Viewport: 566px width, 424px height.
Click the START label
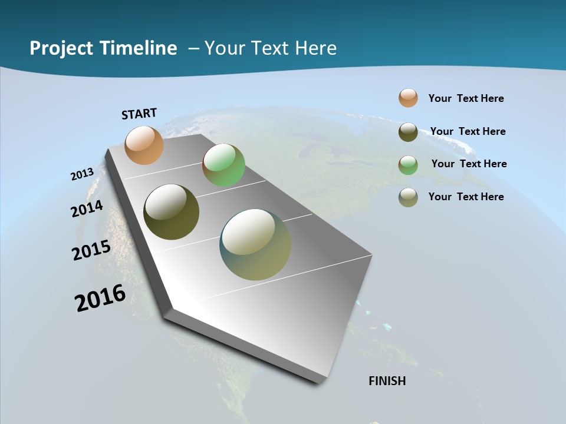[139, 114]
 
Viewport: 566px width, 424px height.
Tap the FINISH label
[387, 381]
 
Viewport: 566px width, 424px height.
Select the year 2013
[82, 174]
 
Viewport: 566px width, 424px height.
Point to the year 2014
[87, 209]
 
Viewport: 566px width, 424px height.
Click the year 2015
[91, 250]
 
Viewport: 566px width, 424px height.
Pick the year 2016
[100, 297]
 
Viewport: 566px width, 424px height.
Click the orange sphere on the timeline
[144, 145]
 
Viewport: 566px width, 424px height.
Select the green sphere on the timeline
[223, 165]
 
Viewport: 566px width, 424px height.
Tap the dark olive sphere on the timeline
[171, 212]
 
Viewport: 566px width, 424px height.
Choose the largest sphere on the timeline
[255, 244]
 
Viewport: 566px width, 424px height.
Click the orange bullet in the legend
[408, 98]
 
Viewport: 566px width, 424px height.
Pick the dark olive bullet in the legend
[408, 132]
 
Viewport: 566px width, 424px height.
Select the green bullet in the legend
[408, 165]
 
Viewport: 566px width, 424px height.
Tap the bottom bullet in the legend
[408, 197]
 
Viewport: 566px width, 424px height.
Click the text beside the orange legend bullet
[466, 98]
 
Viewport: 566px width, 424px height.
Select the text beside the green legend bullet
[469, 164]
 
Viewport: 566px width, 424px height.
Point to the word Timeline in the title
[139, 48]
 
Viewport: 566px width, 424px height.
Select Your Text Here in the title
[270, 48]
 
